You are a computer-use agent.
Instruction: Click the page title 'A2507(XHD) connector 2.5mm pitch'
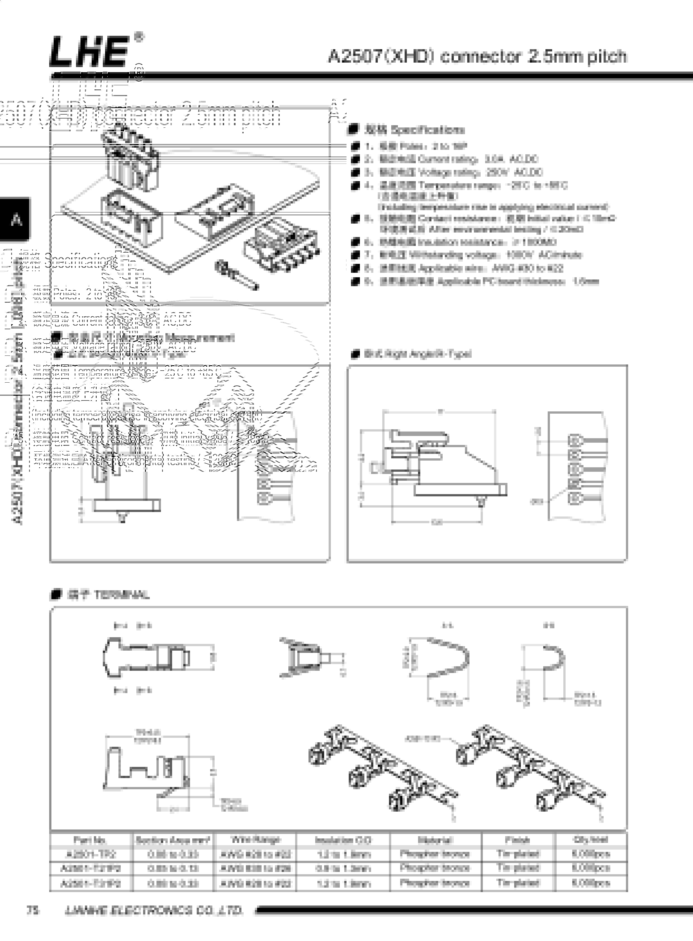477,56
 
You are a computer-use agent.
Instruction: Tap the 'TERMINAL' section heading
108,594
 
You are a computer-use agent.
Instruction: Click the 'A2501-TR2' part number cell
91,854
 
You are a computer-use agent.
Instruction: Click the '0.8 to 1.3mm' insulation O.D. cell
343,868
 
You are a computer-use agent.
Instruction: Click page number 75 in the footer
33,910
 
